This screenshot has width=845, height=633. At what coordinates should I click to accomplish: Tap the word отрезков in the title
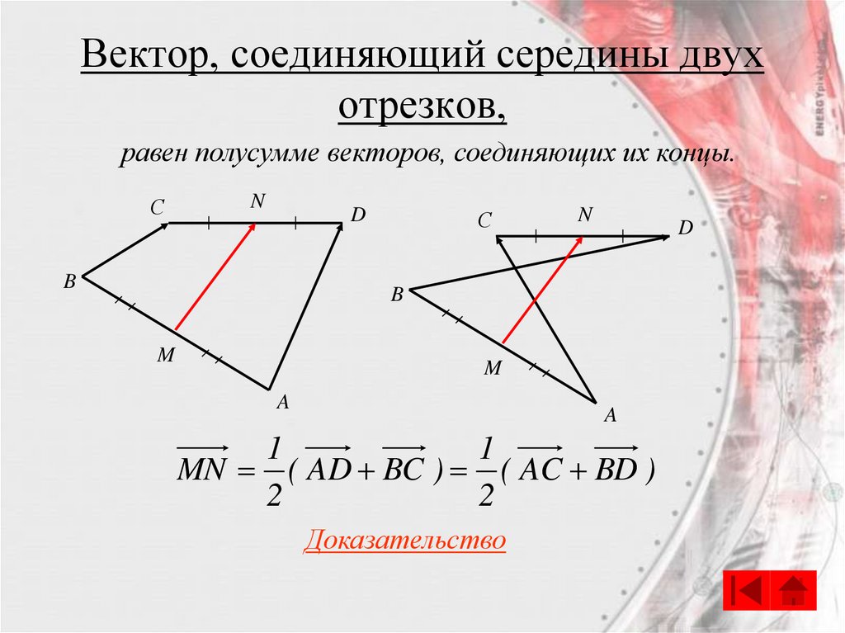(x=422, y=106)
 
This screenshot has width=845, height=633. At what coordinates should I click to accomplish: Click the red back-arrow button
(x=746, y=590)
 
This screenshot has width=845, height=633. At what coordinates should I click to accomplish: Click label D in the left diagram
(x=357, y=215)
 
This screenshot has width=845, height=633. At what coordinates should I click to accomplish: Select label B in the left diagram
(x=70, y=282)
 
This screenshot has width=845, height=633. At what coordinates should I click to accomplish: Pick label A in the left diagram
(x=282, y=403)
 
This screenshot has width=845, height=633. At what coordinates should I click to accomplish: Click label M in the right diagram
(x=493, y=369)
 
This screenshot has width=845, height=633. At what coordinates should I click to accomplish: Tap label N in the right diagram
(x=585, y=215)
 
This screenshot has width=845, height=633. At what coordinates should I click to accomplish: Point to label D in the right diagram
(x=686, y=228)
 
